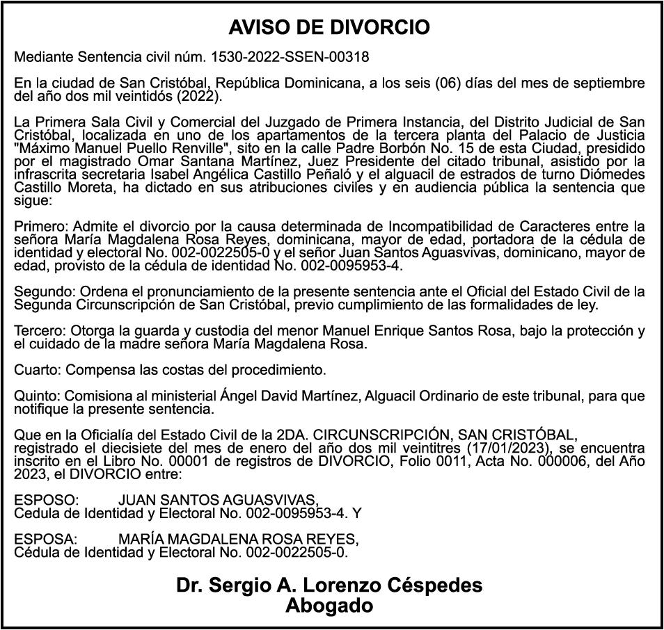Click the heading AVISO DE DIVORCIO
click(x=329, y=28)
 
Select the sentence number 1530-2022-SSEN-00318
click(x=290, y=56)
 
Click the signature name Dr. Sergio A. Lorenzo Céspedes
click(x=329, y=585)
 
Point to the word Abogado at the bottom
click(x=329, y=606)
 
